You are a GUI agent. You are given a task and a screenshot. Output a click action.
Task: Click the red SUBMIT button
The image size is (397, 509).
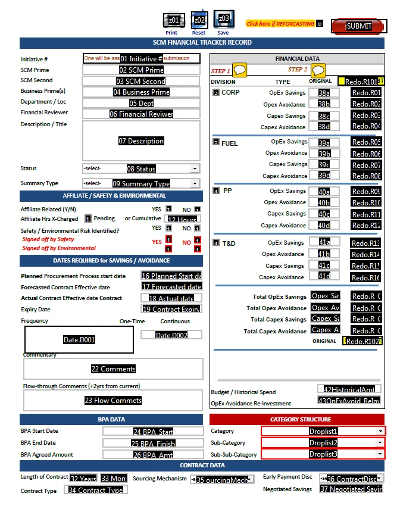(359, 26)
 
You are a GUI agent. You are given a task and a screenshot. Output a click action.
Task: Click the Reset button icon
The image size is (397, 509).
(199, 20)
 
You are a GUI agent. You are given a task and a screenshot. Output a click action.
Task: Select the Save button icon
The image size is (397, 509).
(223, 19)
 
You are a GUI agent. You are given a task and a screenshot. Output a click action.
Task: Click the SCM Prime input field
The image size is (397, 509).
(141, 70)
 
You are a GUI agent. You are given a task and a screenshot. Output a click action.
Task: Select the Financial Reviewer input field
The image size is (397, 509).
(141, 114)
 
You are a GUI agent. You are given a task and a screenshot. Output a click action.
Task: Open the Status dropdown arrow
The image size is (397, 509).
(194, 168)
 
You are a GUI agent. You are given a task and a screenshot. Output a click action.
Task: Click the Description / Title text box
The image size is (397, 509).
(141, 141)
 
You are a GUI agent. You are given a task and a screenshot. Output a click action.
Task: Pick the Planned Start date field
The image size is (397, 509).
(171, 276)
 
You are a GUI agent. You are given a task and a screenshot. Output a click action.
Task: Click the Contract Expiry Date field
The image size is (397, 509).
(171, 309)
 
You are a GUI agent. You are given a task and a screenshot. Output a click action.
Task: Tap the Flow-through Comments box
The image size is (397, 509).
(113, 401)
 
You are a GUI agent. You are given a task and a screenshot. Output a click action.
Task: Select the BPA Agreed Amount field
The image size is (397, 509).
(154, 455)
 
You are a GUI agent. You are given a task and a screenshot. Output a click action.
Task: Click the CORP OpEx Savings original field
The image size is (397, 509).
(324, 93)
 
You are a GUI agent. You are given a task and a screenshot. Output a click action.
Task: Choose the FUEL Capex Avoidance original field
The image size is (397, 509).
(324, 176)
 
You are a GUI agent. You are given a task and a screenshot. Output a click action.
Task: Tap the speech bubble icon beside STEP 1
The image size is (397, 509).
(240, 70)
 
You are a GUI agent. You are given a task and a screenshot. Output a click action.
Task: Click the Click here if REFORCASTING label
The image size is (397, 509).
(280, 24)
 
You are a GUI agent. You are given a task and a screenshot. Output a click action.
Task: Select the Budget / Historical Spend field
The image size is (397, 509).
(349, 389)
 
